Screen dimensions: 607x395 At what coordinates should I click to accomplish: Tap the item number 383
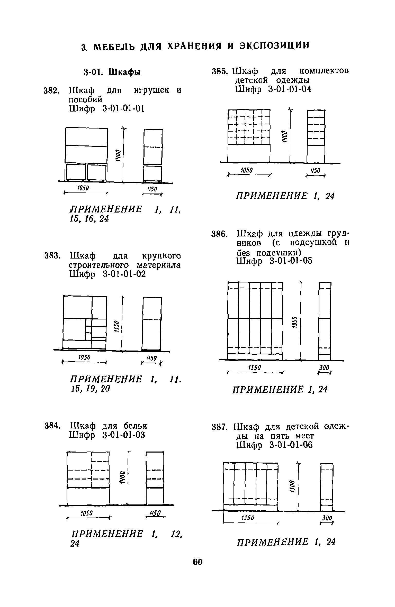point(52,256)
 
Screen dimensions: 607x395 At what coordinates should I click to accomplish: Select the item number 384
point(52,426)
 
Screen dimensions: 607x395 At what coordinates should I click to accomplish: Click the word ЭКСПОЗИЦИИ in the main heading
point(274,46)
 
